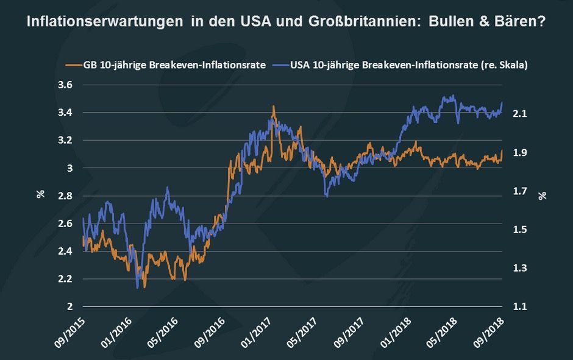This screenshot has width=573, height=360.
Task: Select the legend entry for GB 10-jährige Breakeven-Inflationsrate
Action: coord(165,65)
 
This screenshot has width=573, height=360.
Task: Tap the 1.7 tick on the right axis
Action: coord(520,191)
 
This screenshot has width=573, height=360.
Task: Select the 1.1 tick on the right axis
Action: coord(520,306)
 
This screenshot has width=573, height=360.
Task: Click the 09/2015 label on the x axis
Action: coord(72,328)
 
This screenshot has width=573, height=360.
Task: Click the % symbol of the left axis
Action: coord(40,195)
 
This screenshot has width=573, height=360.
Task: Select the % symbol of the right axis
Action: coord(542,195)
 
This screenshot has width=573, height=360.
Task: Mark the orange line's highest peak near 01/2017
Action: coord(273,107)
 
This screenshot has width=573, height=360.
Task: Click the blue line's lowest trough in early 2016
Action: coord(138,287)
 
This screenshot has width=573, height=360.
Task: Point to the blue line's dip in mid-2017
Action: coord(327,196)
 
